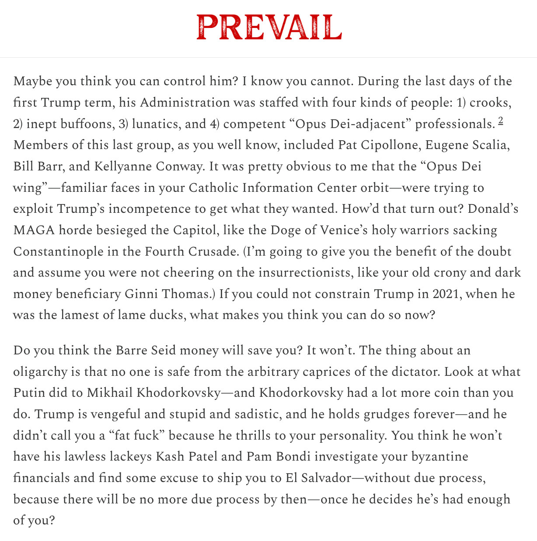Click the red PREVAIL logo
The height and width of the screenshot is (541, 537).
268,28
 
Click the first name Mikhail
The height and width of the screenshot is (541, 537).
110,393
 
